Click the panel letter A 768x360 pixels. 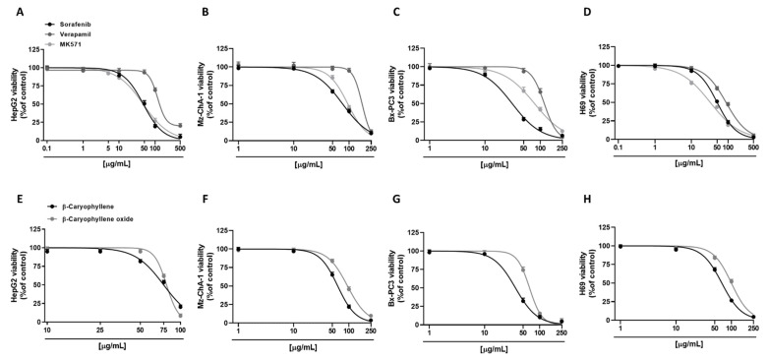(x=8, y=11)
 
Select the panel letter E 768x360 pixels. (x=8, y=190)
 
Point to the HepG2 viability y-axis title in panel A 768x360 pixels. (x=14, y=94)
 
